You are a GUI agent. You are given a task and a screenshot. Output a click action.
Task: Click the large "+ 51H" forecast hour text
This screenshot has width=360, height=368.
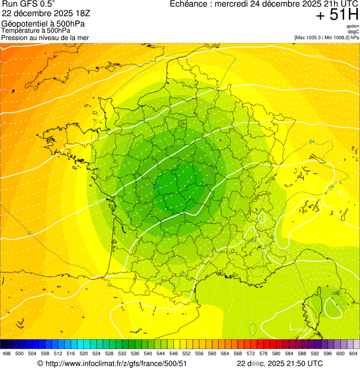(x=337, y=15)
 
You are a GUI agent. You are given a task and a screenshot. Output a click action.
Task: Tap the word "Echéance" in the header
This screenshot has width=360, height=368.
(x=189, y=4)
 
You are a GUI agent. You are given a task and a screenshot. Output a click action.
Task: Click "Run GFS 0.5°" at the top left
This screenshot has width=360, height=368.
(x=28, y=4)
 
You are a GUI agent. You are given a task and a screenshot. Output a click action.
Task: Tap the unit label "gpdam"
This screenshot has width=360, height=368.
(x=353, y=26)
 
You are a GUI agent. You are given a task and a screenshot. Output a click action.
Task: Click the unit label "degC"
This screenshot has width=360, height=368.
(x=354, y=31)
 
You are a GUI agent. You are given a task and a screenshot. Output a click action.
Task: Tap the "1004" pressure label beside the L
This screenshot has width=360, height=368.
(x=301, y=331)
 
